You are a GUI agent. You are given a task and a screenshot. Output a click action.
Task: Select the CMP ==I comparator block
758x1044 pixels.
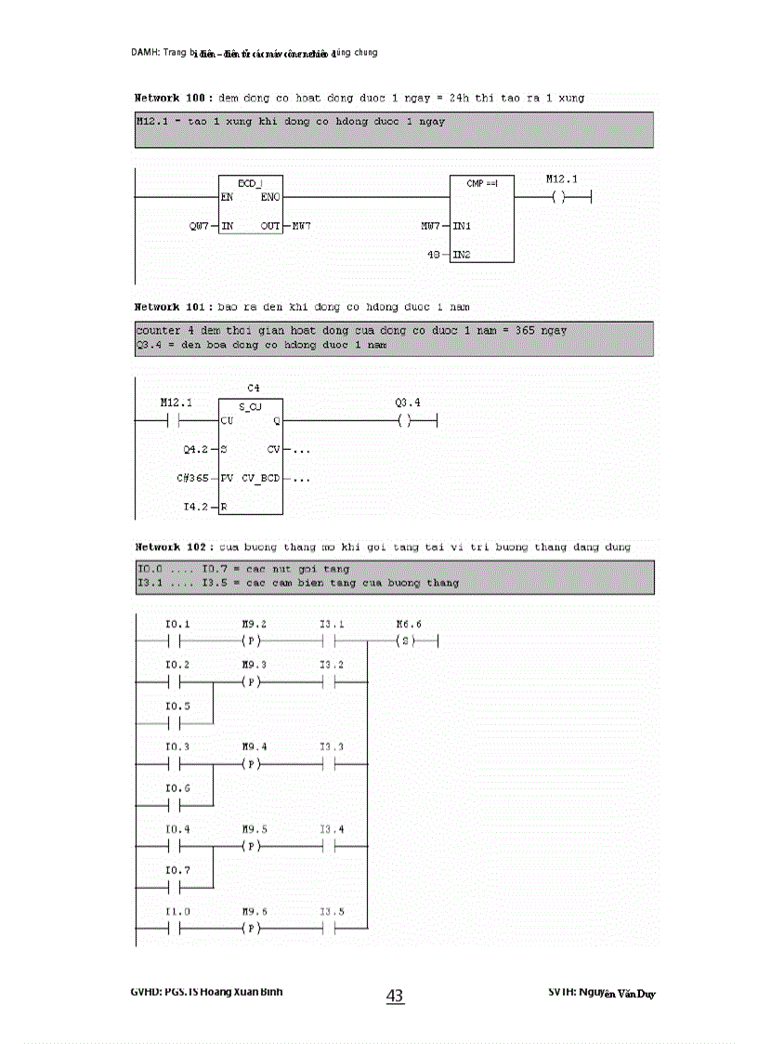pyautogui.click(x=481, y=218)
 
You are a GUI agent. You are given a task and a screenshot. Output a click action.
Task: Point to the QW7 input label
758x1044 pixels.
pyautogui.click(x=199, y=226)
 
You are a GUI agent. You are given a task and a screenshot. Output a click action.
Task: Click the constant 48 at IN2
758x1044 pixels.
pyautogui.click(x=434, y=254)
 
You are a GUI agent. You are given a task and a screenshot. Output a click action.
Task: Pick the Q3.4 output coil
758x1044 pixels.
pyautogui.click(x=403, y=421)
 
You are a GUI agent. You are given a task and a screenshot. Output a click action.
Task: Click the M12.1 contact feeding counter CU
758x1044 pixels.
pyautogui.click(x=176, y=421)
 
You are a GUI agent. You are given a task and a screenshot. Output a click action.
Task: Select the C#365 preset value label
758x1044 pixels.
pyautogui.click(x=193, y=479)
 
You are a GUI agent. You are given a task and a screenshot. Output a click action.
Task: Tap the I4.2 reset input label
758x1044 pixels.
pyautogui.click(x=196, y=508)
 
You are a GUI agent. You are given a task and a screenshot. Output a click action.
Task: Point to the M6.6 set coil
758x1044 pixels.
pyautogui.click(x=403, y=641)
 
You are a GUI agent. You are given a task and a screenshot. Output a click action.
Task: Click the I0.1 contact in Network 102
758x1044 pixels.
pyautogui.click(x=176, y=641)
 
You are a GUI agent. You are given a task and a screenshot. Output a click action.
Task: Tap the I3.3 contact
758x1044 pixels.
pyautogui.click(x=331, y=765)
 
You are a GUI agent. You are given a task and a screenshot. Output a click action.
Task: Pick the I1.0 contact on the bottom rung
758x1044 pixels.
pyautogui.click(x=176, y=929)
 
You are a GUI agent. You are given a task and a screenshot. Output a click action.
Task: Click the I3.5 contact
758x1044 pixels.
pyautogui.click(x=331, y=929)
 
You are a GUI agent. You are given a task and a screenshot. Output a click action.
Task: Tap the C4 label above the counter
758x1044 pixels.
pyautogui.click(x=253, y=387)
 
